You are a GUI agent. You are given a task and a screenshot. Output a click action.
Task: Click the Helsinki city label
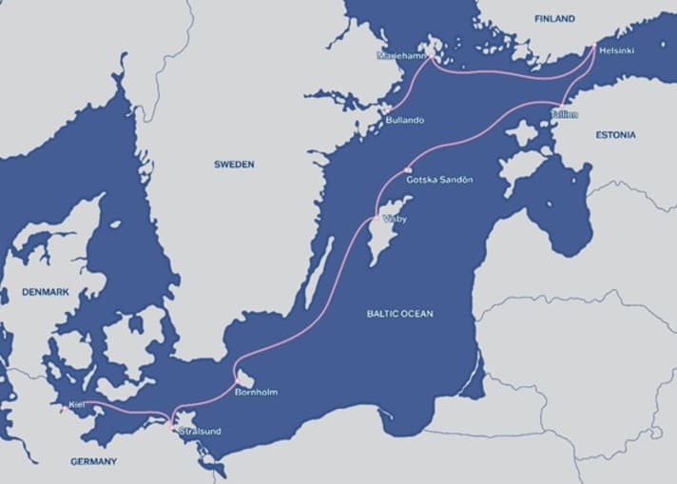click(617, 49)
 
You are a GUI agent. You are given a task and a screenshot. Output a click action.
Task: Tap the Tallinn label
click(563, 113)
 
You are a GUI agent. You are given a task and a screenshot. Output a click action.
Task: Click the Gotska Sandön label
click(438, 180)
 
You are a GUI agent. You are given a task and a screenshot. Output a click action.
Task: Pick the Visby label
click(394, 219)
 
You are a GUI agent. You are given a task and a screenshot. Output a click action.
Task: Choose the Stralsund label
click(200, 432)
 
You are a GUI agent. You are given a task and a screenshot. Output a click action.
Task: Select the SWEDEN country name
click(234, 165)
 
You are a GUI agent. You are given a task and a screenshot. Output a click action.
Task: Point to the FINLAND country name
click(555, 19)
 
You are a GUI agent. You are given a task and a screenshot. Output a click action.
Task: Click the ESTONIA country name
click(616, 135)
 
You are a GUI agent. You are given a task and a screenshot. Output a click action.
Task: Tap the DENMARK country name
click(46, 292)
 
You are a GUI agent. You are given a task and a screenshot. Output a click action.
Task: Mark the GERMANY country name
click(93, 461)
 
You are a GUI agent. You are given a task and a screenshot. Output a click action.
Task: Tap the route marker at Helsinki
click(595, 46)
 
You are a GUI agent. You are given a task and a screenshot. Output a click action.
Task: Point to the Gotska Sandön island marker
click(407, 170)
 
